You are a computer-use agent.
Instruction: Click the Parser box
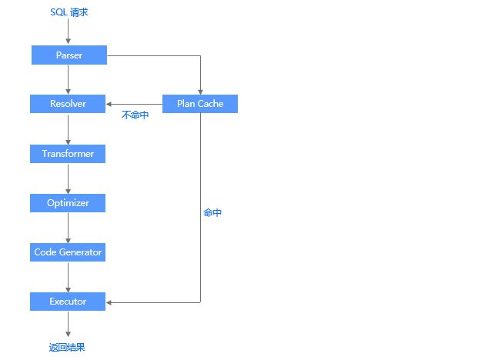[x=69, y=55]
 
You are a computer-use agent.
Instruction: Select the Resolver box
[x=68, y=104]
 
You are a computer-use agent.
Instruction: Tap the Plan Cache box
[x=200, y=104]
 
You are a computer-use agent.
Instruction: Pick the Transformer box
[x=68, y=154]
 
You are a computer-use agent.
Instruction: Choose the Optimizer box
[x=68, y=203]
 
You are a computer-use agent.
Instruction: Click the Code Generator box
[x=68, y=252]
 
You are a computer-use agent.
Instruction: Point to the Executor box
[x=68, y=302]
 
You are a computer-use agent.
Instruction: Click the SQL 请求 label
[x=69, y=12]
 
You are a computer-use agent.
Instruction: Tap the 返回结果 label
[x=67, y=347]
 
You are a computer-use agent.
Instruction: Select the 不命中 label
[x=135, y=115]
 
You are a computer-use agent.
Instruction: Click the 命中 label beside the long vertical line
[x=212, y=212]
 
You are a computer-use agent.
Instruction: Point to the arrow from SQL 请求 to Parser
[x=69, y=32]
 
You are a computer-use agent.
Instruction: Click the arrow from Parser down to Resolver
[x=69, y=79]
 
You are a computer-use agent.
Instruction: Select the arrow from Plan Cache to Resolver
[x=135, y=104]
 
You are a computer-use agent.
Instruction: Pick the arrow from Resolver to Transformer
[x=69, y=128]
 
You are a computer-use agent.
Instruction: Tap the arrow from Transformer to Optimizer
[x=69, y=178]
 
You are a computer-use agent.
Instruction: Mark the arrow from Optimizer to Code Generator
[x=69, y=228]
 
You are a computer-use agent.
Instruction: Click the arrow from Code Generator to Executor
[x=69, y=277]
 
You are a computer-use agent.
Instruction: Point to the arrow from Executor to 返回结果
[x=69, y=324]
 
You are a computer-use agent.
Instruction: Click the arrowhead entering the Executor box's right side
[x=110, y=302]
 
